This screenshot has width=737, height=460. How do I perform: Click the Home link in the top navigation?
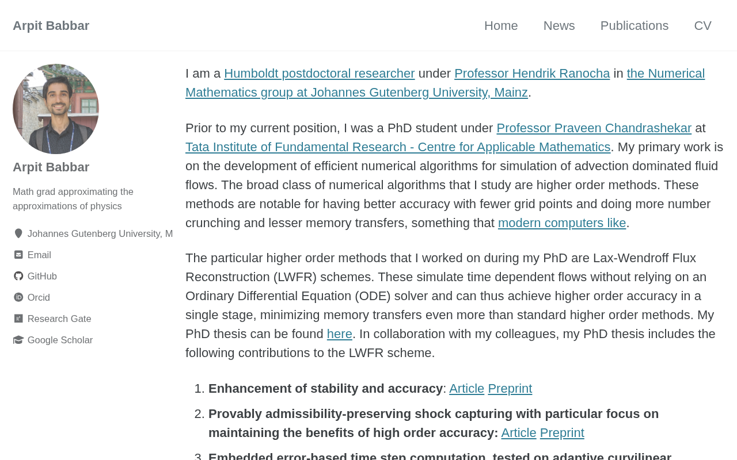click(500, 26)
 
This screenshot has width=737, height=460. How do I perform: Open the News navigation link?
click(559, 26)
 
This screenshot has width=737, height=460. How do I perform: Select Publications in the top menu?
click(634, 26)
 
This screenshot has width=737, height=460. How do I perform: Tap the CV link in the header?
click(702, 26)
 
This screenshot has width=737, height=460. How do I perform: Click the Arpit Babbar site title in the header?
click(51, 26)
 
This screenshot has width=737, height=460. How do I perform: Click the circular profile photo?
click(56, 109)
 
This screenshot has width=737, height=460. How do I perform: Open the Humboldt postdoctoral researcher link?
click(319, 74)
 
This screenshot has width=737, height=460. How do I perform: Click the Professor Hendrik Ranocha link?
click(531, 74)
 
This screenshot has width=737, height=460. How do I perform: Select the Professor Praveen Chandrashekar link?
click(594, 128)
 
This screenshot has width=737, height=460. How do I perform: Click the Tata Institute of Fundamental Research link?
click(397, 147)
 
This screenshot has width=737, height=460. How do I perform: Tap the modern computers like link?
click(561, 223)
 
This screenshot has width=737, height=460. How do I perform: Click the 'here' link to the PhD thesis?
click(339, 334)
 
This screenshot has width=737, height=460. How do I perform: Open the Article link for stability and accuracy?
click(466, 389)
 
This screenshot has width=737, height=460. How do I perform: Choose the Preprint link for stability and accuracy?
click(510, 389)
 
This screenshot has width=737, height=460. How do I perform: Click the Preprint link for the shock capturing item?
click(561, 433)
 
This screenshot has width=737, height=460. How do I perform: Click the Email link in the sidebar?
click(39, 255)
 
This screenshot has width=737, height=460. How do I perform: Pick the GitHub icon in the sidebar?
click(18, 276)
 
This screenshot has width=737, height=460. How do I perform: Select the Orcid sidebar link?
click(39, 298)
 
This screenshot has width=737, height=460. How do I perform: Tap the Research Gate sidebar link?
click(59, 319)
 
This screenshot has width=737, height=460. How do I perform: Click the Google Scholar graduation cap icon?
click(18, 340)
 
